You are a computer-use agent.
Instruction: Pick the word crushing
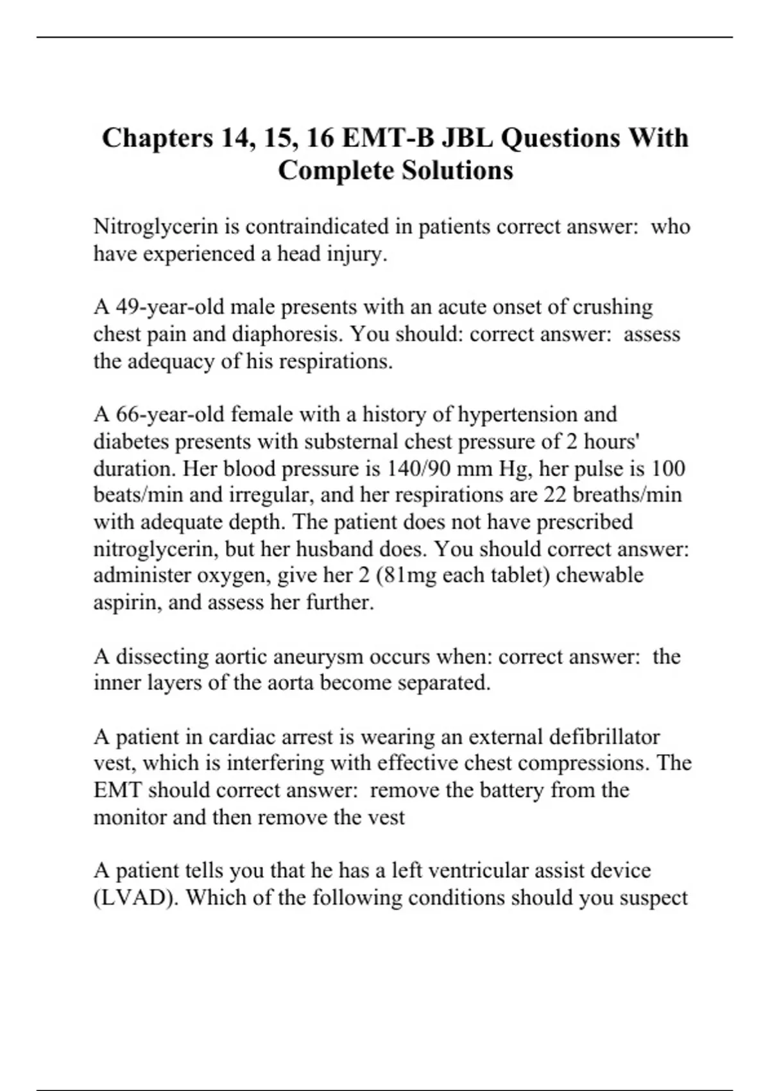click(612, 307)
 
